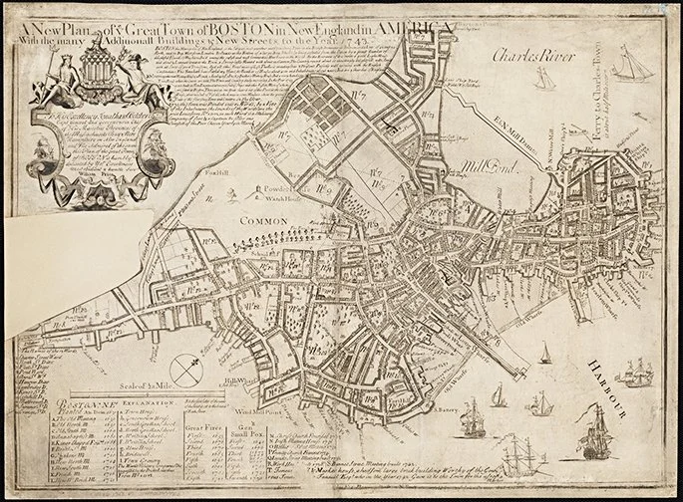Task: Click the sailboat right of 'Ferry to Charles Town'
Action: (x=634, y=66)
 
